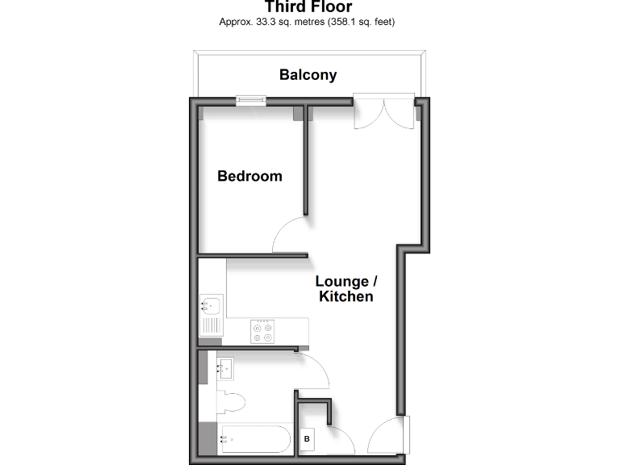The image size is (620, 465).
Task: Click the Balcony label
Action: [x=308, y=75]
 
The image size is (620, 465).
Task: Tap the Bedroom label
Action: [x=250, y=176]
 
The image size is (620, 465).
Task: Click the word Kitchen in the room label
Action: [x=346, y=297]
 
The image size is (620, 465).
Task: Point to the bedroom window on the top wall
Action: [x=251, y=101]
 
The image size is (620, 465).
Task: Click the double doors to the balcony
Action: [x=384, y=113]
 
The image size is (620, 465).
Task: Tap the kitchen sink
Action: [x=211, y=306]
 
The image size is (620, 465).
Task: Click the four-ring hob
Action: [x=262, y=332]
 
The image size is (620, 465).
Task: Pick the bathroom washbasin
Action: [x=224, y=369]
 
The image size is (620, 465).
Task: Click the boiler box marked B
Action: [x=308, y=440]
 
